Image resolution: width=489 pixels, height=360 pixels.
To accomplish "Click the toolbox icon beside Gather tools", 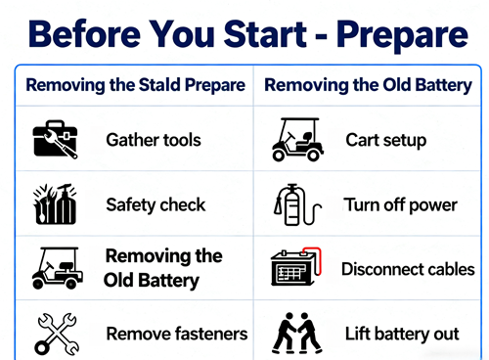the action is (x=55, y=139).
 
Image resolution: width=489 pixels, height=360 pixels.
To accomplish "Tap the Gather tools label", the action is (x=154, y=140).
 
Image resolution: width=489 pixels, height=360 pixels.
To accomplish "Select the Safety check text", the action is (x=156, y=204).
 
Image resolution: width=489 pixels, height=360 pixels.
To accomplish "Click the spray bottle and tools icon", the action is (x=55, y=204).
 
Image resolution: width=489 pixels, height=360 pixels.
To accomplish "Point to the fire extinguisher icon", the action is (x=297, y=204).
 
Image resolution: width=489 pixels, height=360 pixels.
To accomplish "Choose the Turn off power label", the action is (x=401, y=205).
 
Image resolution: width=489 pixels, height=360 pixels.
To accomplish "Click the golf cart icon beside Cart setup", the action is (x=297, y=140).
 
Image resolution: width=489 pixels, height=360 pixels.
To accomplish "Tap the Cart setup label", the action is (x=386, y=141).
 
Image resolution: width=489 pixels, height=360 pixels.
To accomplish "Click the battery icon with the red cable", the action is (x=296, y=267).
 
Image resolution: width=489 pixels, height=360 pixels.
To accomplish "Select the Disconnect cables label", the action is (x=408, y=269).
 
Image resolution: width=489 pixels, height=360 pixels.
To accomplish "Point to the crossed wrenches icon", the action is (x=57, y=334).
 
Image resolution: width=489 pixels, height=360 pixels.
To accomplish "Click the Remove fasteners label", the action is (x=177, y=334).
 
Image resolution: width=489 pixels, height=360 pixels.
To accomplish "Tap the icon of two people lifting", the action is (x=296, y=334).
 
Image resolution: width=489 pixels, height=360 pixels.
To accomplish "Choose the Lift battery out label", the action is (x=402, y=335).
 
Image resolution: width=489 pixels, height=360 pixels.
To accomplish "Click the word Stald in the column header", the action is (x=159, y=85).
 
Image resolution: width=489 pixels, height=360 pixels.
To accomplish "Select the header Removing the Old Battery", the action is (x=368, y=85).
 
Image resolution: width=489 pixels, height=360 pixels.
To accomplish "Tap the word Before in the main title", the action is (x=84, y=34).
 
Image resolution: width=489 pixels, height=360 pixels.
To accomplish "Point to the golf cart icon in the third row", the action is (x=58, y=268).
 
